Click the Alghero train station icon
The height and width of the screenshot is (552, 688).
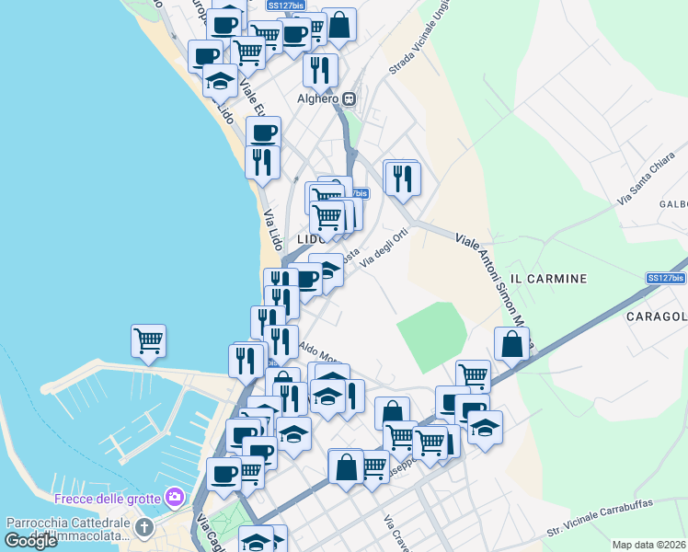[350, 99]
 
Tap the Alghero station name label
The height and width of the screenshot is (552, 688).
[318, 99]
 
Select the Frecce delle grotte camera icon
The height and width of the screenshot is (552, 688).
[176, 498]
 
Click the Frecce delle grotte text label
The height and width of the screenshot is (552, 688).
[109, 499]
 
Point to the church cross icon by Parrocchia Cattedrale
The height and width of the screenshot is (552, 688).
[143, 527]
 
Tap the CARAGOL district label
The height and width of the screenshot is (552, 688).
[657, 317]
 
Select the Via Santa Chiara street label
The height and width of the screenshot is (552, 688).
[641, 184]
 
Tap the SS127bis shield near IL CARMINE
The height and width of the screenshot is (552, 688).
[665, 278]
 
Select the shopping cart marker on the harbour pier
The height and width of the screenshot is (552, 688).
[148, 341]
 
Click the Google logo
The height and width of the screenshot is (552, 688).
[30, 541]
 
